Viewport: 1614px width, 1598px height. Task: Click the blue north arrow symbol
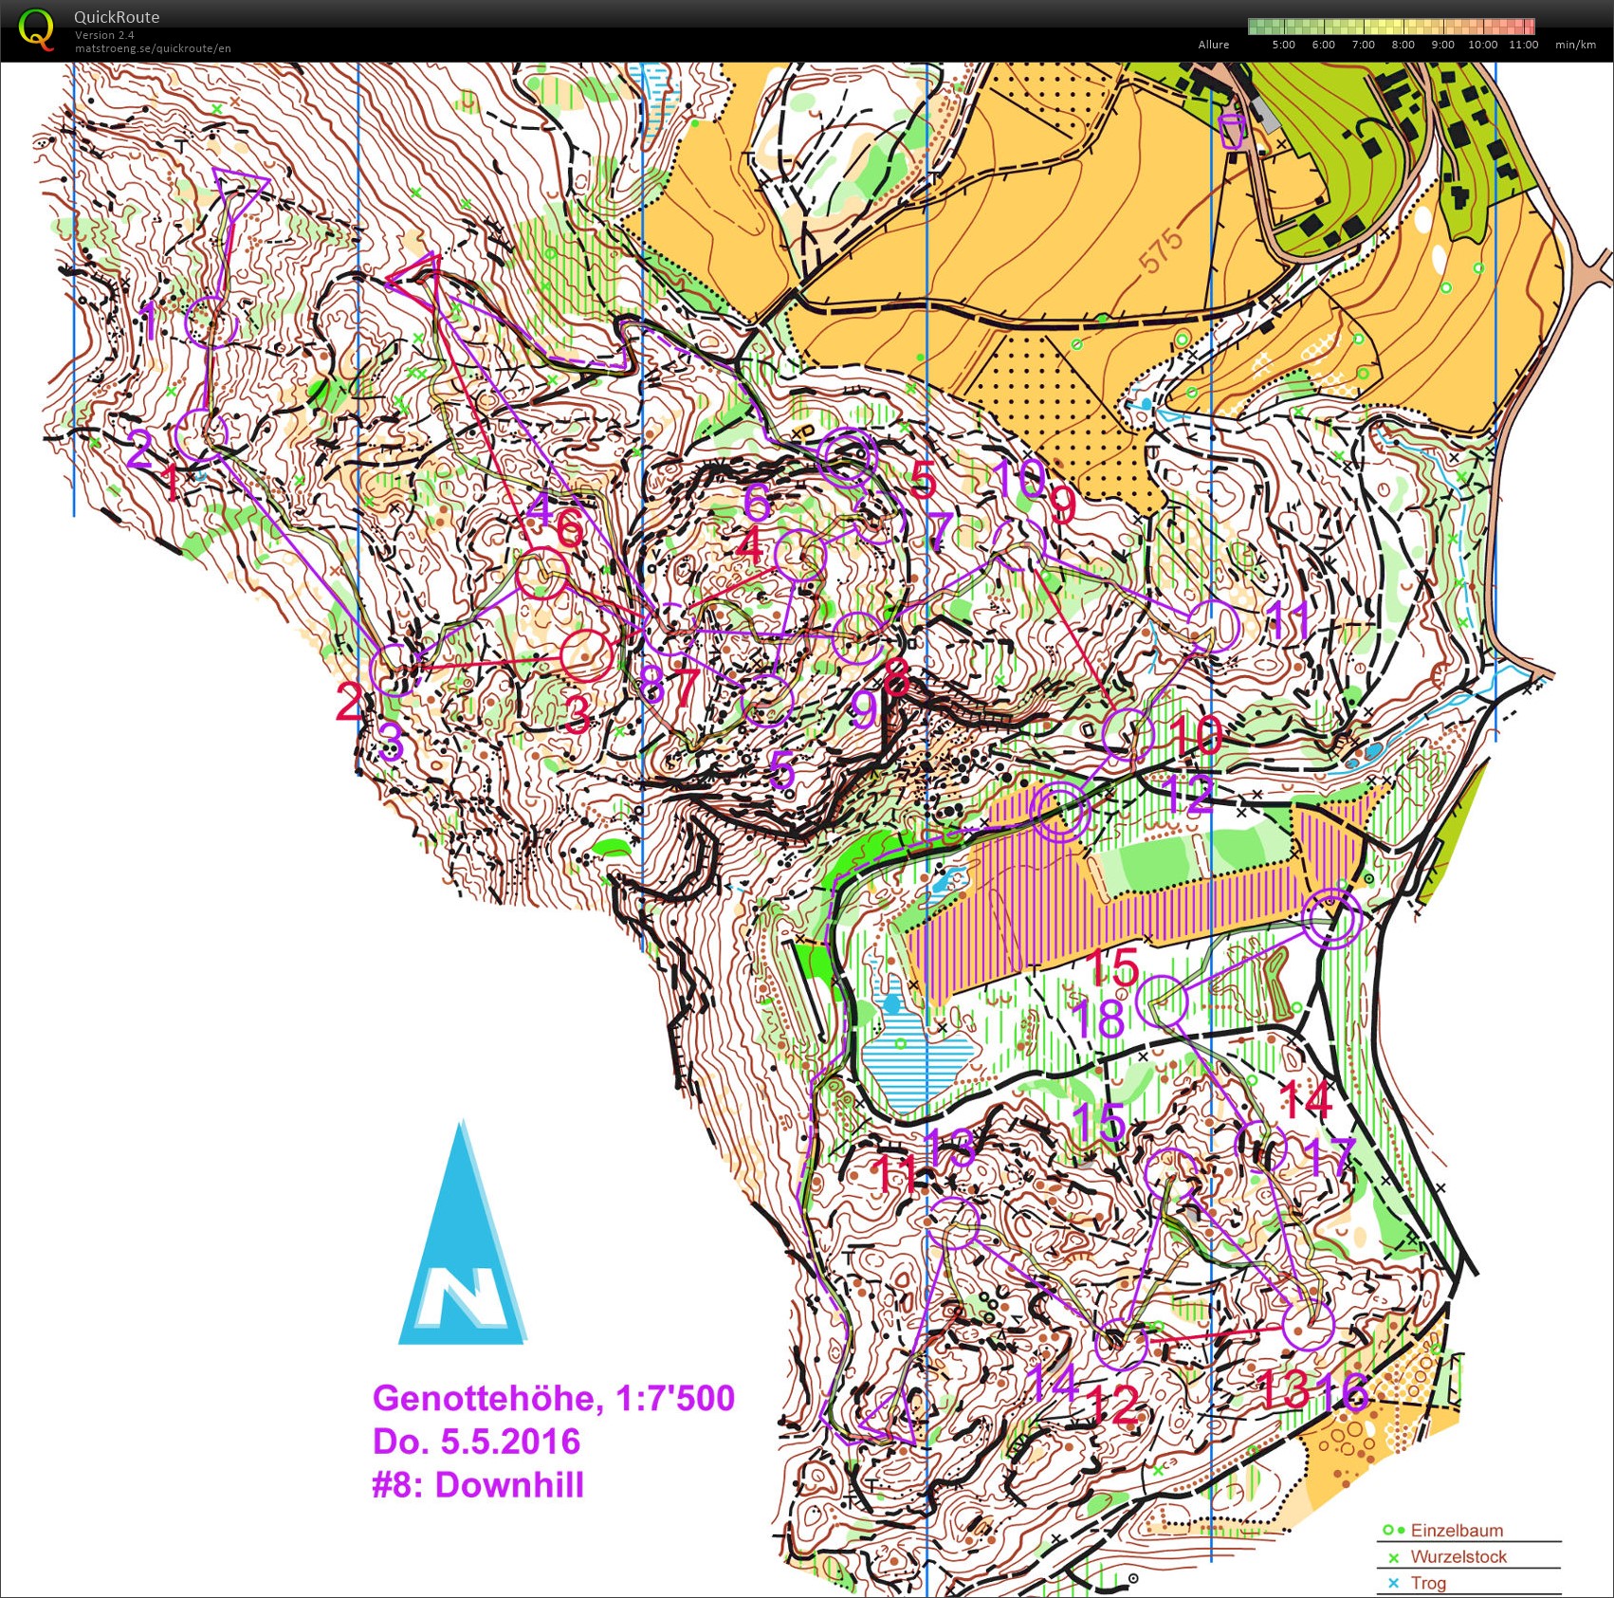pos(463,1252)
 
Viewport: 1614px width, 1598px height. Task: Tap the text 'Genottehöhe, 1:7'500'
pos(553,1398)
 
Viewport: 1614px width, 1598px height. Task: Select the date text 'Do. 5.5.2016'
pos(475,1442)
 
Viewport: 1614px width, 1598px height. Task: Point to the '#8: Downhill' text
pos(477,1485)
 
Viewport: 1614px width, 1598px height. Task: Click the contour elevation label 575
pos(1162,249)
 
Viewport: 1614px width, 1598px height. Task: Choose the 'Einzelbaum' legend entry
pos(1456,1530)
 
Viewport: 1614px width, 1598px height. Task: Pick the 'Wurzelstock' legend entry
pos(1458,1556)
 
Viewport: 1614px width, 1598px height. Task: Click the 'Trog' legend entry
pos(1427,1583)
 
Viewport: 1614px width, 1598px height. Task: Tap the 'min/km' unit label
pos(1575,45)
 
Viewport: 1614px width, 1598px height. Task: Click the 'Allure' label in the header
pos(1213,45)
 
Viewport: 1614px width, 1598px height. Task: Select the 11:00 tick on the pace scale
pos(1523,45)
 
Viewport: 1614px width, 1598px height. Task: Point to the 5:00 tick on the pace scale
pos(1283,45)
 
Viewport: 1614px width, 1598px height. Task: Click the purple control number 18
pos(1098,1019)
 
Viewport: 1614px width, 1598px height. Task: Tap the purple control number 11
pos(1289,621)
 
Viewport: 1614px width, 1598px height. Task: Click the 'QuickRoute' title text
pos(117,17)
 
